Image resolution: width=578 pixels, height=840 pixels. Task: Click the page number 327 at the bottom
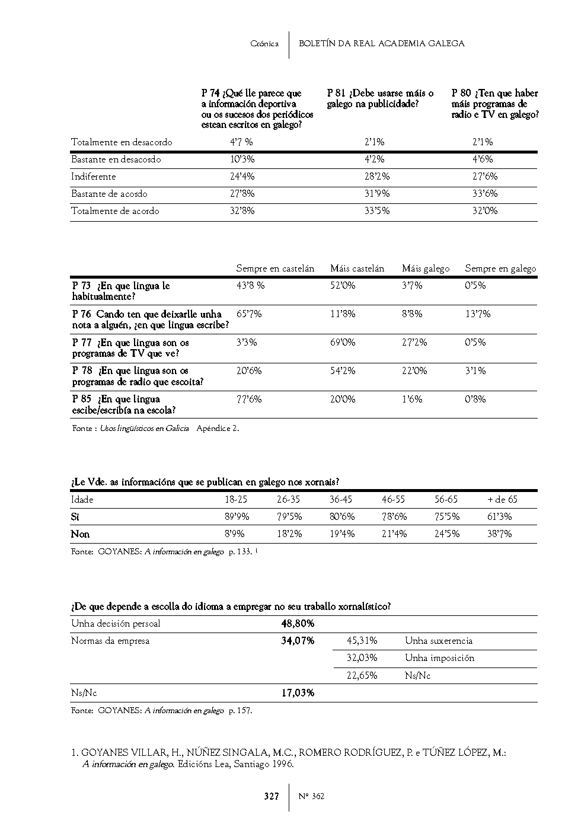coord(271,796)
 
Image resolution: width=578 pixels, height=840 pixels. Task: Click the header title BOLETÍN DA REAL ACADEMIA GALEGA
coord(381,43)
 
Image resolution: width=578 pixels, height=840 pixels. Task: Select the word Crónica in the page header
coord(264,44)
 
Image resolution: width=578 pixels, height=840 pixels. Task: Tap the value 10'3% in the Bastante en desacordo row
coord(242,159)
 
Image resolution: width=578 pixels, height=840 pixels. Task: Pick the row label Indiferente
coord(94,177)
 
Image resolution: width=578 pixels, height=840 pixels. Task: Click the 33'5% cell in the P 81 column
coord(377,211)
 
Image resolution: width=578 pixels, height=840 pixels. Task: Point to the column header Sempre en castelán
coord(275,269)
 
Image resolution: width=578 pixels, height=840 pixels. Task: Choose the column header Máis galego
coord(426,269)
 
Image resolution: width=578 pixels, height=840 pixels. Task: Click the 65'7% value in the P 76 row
coord(248,314)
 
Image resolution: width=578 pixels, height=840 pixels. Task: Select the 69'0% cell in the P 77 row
coord(343,343)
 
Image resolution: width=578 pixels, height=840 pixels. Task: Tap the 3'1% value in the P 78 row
coord(475,371)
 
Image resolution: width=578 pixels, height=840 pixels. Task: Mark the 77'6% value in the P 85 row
coord(248,400)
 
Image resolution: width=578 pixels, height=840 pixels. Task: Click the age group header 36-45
coord(341,500)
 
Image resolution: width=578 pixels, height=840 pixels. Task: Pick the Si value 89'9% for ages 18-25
coord(237,517)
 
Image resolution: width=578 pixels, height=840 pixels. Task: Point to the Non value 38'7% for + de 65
coord(499,534)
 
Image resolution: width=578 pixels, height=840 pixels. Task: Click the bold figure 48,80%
coord(298,624)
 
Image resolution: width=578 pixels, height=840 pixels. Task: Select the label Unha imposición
coord(439,658)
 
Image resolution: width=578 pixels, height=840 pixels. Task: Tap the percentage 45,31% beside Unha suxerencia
coord(362,641)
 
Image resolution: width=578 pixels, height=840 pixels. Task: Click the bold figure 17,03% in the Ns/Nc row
coord(298,693)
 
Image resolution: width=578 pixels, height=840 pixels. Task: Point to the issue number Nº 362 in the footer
coord(311,796)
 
